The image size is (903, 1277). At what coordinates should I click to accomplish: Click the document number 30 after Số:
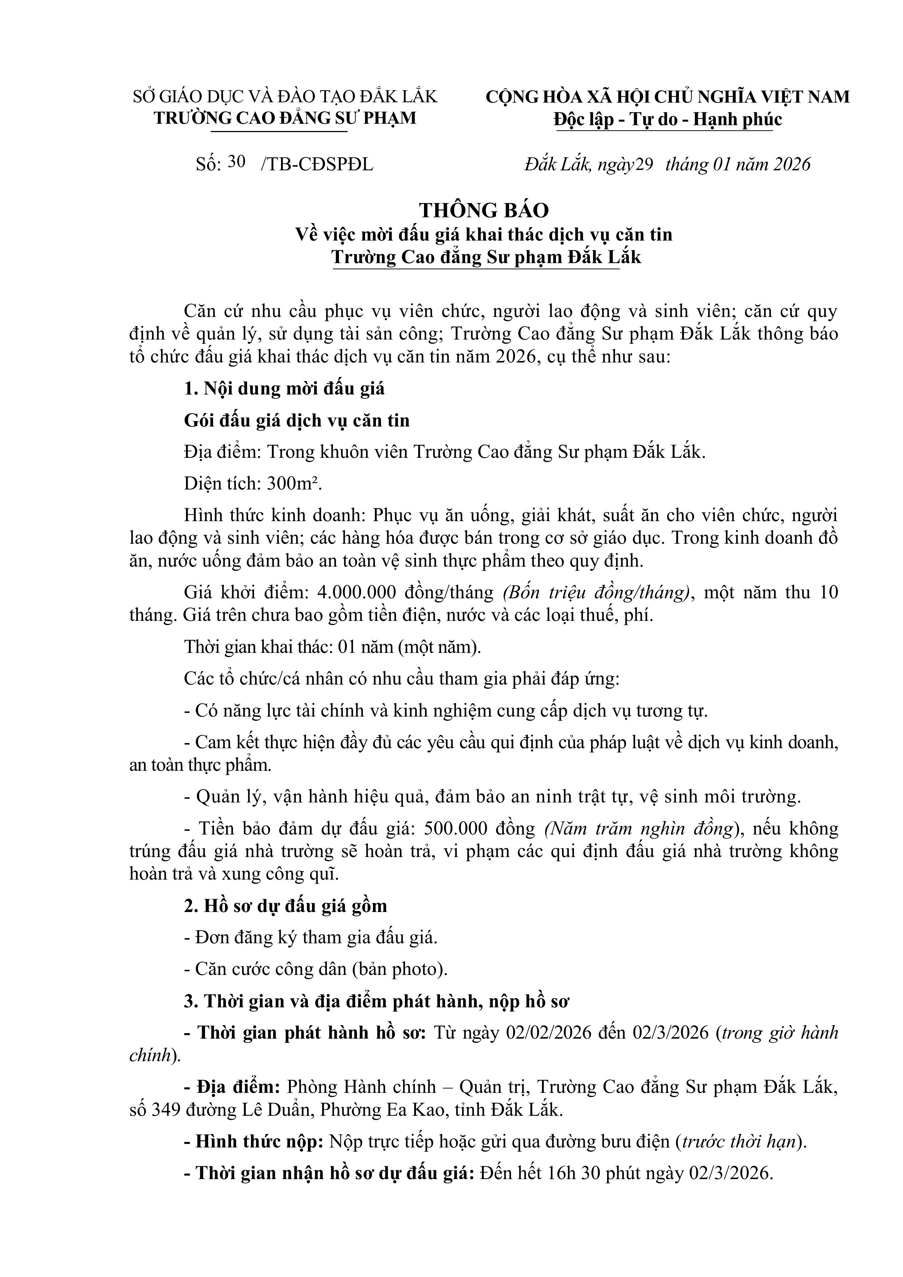click(x=237, y=162)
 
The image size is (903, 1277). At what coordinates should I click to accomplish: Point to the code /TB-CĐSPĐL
click(x=317, y=164)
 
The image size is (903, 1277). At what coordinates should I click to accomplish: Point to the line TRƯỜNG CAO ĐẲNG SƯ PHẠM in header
click(x=285, y=118)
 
